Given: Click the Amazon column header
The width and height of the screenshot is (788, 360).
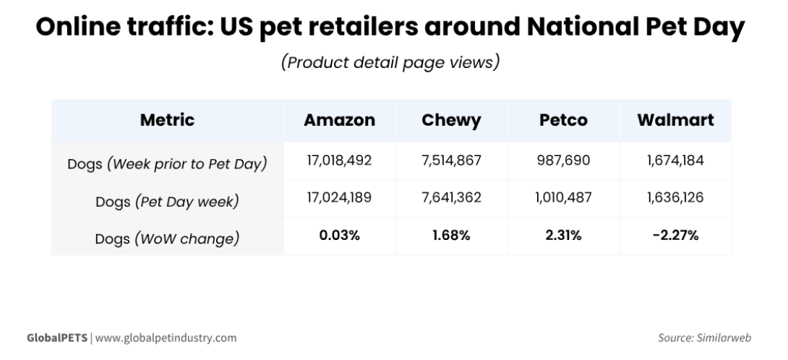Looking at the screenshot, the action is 339,120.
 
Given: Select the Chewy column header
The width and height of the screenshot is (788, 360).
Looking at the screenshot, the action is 451,121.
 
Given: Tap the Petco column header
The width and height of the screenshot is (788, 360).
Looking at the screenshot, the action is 563,120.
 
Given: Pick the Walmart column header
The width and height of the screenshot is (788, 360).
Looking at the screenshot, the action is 675,120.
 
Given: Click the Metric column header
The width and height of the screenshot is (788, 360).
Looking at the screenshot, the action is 167,120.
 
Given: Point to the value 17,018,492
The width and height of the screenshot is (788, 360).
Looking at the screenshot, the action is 339,160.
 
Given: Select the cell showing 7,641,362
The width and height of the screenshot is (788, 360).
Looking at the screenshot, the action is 451,197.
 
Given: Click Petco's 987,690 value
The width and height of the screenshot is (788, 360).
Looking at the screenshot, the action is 563,160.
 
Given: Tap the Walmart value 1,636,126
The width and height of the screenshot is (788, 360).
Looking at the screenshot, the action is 675,197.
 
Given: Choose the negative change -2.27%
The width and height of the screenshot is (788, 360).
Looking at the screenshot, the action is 675,236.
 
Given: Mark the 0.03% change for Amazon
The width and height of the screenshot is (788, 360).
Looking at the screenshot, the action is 339,236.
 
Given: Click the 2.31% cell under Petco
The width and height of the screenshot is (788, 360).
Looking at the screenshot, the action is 563,236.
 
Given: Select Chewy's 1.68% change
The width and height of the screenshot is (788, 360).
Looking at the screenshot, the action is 451,236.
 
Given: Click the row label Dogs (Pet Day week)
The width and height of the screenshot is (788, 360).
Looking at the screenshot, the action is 167,202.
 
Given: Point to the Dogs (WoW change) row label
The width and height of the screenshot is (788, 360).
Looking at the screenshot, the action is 167,239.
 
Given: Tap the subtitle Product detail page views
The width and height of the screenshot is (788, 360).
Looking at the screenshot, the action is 390,62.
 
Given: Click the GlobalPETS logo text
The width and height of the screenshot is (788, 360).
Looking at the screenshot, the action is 57,338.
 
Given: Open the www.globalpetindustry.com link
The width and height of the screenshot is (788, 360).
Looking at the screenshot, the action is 166,338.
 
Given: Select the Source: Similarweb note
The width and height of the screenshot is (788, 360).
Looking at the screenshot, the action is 705,338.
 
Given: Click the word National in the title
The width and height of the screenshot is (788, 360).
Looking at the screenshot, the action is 582,27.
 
